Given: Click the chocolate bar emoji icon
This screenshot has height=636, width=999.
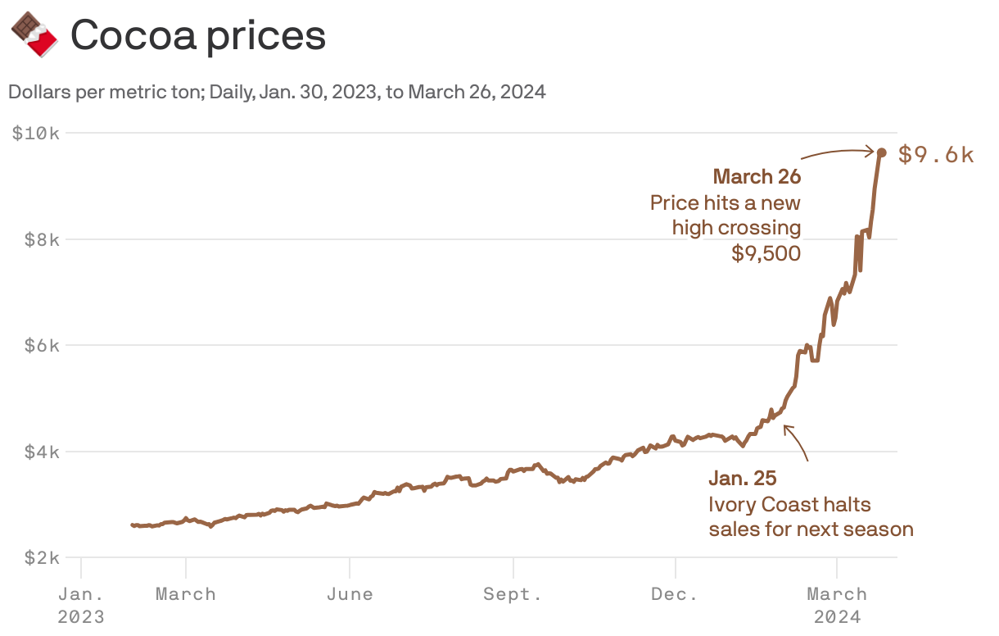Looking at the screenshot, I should (34, 34).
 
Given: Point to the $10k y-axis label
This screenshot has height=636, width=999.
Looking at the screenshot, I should (35, 133).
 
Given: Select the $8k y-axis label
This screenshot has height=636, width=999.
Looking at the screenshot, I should (40, 239).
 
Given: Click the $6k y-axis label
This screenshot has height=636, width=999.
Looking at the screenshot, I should (40, 345).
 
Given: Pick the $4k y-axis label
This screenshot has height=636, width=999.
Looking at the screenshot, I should (40, 452).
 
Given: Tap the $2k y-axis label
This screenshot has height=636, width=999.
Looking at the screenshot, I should (40, 558).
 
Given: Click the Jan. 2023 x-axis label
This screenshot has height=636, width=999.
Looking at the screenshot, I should (81, 605).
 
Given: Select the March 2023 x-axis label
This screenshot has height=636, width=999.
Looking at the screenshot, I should (186, 594).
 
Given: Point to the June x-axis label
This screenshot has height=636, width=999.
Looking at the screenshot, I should (350, 594).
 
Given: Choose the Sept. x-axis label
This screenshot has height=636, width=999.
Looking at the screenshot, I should (513, 594).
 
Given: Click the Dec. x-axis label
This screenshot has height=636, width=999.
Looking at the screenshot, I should (675, 594).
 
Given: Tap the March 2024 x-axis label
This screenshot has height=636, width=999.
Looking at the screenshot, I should (837, 605).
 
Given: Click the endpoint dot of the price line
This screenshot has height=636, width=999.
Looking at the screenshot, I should (881, 152).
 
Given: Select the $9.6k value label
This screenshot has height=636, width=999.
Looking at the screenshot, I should (936, 154).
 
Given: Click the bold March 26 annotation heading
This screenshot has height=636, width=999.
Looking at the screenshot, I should (757, 177).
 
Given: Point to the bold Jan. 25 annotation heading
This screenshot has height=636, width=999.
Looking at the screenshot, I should (743, 479).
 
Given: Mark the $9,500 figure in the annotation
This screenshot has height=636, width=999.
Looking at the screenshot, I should (766, 254).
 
